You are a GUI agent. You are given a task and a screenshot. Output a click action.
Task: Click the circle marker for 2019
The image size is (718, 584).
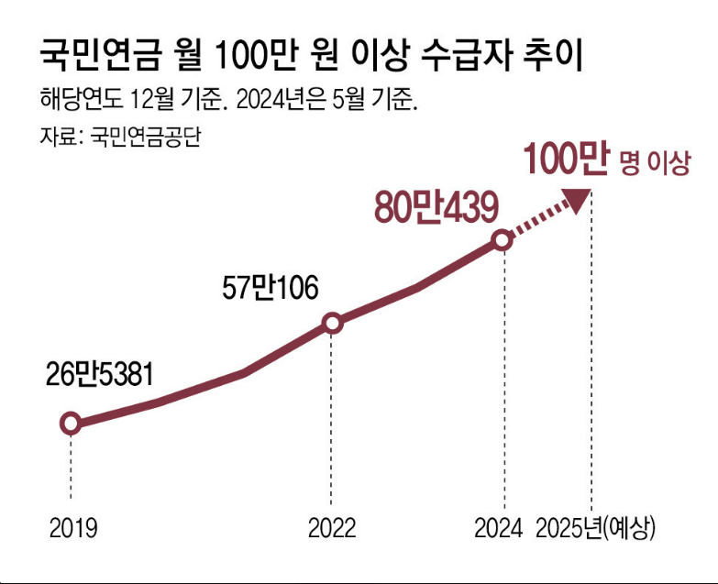coord(70,424)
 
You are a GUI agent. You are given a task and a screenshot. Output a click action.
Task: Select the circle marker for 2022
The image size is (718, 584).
coord(333,323)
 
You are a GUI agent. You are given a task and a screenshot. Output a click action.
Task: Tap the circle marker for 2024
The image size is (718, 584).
coord(502,240)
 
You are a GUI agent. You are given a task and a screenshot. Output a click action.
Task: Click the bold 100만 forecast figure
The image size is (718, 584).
coord(566,160)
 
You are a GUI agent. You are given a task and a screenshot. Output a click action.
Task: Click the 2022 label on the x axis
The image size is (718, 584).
coord(332,529)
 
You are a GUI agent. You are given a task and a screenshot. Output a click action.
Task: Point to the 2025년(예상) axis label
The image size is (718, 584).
coord(596,529)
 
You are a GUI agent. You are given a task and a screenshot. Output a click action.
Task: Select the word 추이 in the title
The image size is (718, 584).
coord(555,57)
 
